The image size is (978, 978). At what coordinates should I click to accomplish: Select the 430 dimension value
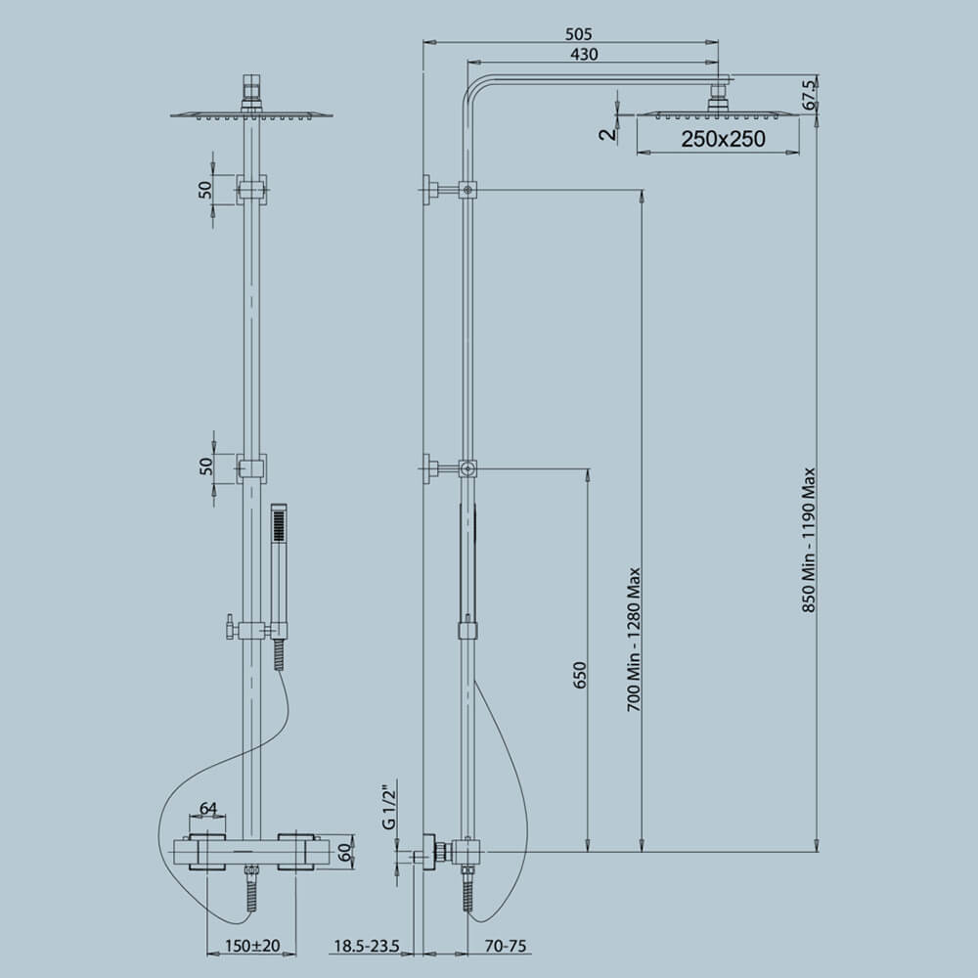(584, 55)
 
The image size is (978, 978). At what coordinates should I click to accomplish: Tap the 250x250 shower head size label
(724, 140)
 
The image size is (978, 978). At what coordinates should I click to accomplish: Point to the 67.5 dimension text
(809, 96)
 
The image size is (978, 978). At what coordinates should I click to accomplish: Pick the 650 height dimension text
(579, 678)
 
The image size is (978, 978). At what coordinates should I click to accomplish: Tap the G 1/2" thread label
(388, 805)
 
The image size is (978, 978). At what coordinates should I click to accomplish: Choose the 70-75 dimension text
(506, 946)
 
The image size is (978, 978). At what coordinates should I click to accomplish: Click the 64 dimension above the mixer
(208, 808)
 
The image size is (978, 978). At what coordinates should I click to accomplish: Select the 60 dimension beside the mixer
(344, 851)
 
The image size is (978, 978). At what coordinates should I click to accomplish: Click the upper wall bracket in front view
(252, 190)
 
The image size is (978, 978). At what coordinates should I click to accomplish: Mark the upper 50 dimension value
(206, 190)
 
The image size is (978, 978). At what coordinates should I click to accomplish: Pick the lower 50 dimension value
(206, 467)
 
